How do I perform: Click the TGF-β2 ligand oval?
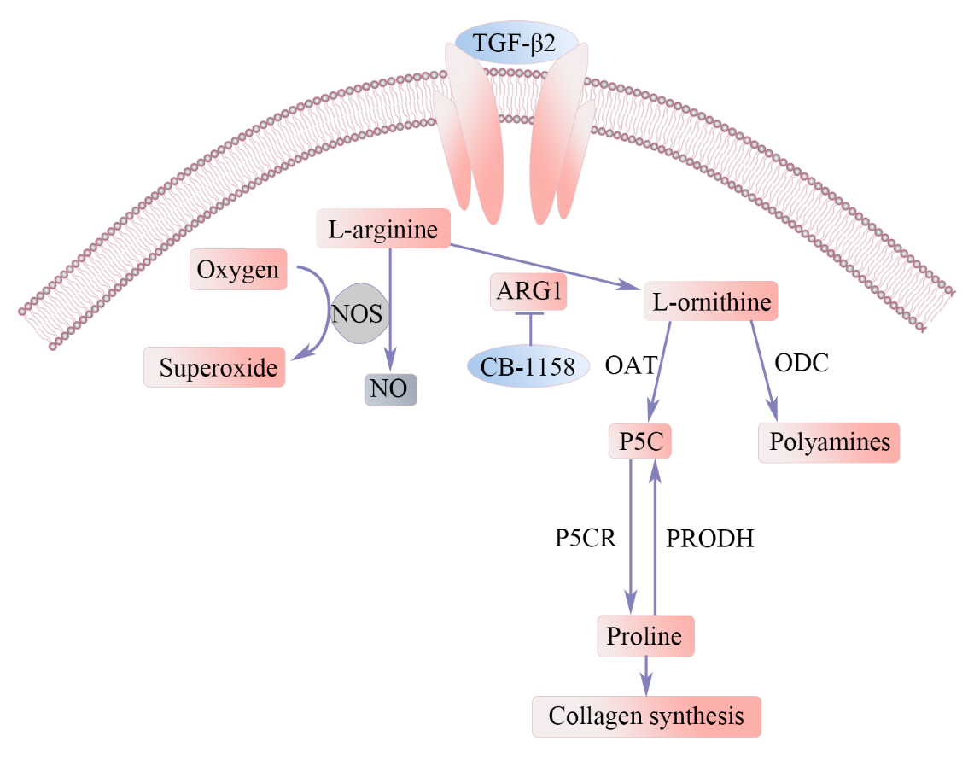[516, 42]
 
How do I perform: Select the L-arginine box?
[382, 229]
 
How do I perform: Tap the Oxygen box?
[237, 270]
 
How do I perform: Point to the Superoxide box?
[214, 368]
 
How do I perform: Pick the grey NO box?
[390, 389]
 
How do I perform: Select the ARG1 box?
[529, 292]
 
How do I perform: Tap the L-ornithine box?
[711, 301]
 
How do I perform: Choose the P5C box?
[639, 441]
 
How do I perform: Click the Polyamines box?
[829, 442]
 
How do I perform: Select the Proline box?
[644, 636]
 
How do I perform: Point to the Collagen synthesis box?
[645, 716]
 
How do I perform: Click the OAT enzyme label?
[630, 366]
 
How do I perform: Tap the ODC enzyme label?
[801, 362]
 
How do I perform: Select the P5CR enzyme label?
[585, 538]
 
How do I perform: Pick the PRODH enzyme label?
[709, 539]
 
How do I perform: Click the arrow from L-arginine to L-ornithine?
[546, 267]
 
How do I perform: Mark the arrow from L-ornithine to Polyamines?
[764, 371]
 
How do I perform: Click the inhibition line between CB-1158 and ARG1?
[530, 330]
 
